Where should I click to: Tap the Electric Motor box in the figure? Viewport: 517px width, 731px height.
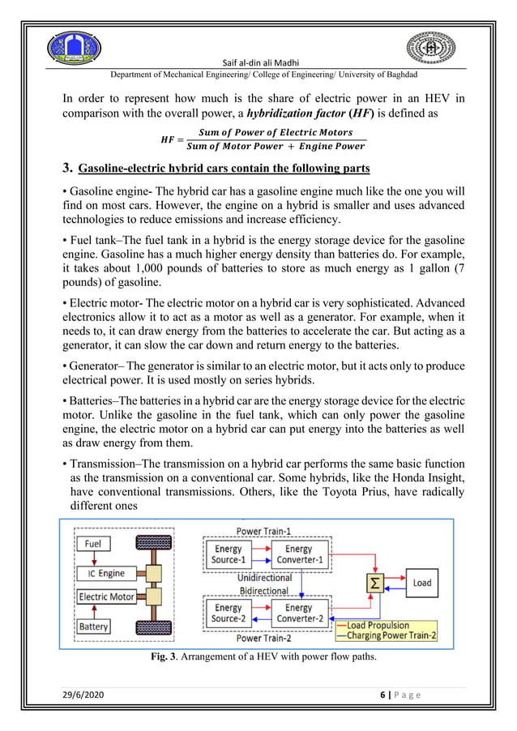[x=106, y=597]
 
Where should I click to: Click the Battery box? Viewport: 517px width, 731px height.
[x=94, y=626]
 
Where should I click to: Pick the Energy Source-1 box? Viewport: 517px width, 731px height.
[x=228, y=554]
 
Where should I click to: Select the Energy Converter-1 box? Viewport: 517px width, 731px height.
[x=298, y=554]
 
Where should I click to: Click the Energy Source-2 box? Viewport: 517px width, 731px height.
[x=228, y=613]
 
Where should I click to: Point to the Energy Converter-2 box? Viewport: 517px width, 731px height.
[x=298, y=613]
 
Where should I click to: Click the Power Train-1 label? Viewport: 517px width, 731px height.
[x=264, y=532]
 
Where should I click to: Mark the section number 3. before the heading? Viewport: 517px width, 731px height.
[x=69, y=168]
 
